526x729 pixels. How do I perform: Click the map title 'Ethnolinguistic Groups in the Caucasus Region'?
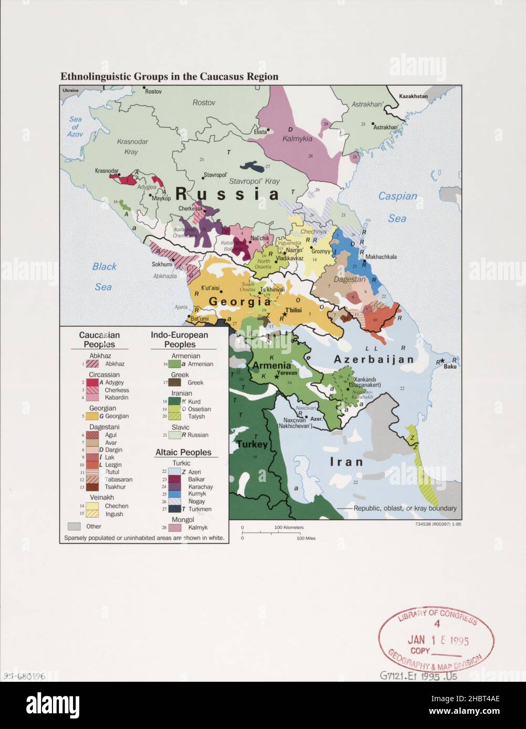169,76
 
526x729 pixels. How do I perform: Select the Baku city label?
450,366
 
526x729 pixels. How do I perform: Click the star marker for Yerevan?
277,377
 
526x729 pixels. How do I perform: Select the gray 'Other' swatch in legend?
74,526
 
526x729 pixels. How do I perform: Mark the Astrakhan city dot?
373,124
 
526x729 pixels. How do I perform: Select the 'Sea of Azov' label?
75,127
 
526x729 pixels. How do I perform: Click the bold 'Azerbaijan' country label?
374,360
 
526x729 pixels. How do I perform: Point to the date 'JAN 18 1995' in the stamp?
438,640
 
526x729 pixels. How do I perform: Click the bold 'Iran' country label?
346,462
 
